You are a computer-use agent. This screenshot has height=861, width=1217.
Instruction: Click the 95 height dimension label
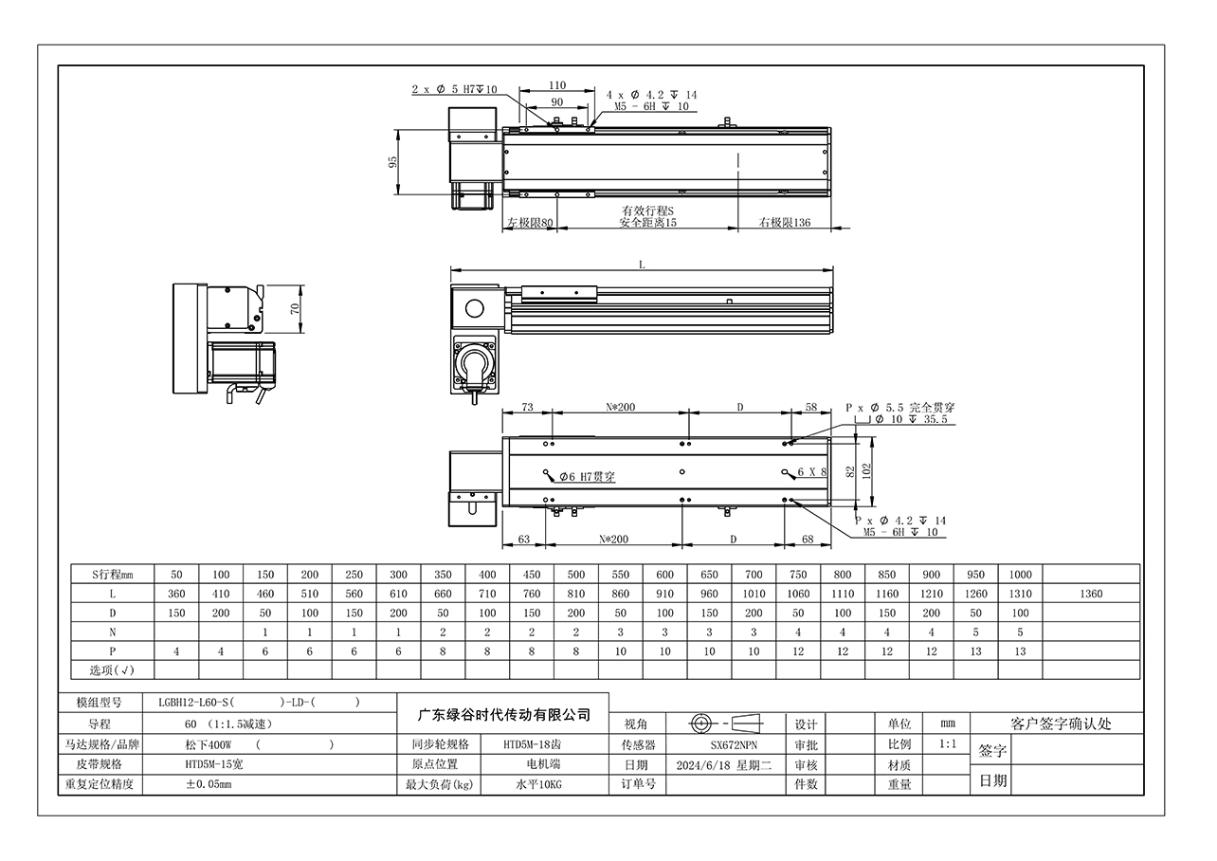tap(392, 161)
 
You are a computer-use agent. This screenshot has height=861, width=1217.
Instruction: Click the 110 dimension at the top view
tap(557, 85)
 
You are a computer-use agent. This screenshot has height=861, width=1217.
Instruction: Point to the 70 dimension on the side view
tap(295, 309)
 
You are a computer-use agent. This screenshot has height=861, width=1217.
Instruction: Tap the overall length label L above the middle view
tap(642, 265)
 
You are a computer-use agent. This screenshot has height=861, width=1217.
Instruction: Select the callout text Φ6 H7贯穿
tap(588, 477)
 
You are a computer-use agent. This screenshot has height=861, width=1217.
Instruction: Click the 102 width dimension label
tap(866, 470)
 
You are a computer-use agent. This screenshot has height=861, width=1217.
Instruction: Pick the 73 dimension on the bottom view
tap(527, 407)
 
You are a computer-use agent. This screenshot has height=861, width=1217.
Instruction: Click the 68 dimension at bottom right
tap(808, 539)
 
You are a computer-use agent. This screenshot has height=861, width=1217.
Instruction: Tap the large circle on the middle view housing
tap(474, 309)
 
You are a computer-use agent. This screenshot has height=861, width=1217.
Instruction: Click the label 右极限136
tap(784, 222)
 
